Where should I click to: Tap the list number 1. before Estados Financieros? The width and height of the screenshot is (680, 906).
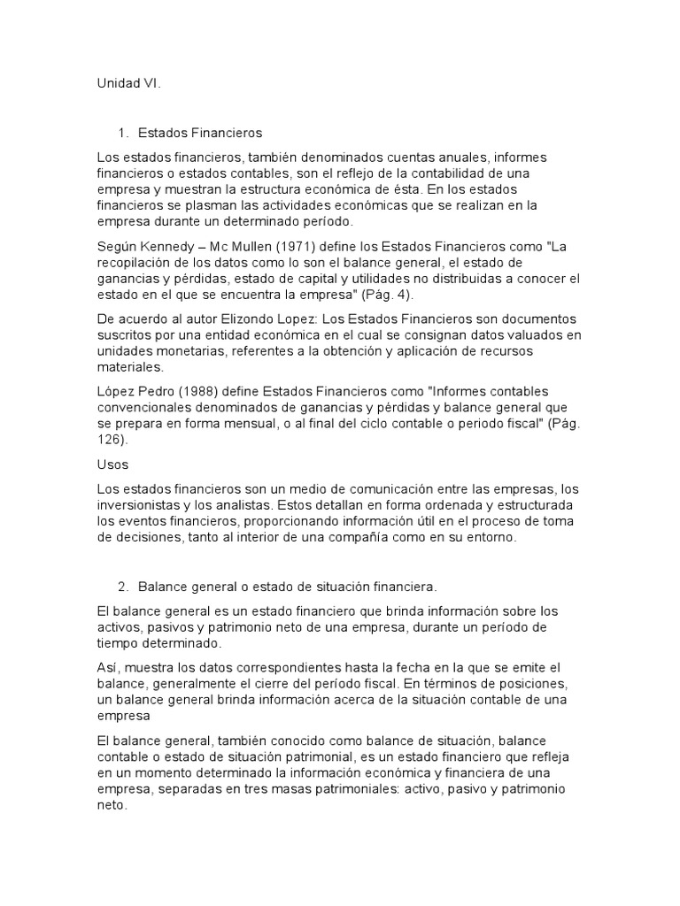click(123, 133)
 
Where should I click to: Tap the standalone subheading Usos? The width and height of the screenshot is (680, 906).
click(112, 464)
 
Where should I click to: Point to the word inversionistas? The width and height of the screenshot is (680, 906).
click(141, 504)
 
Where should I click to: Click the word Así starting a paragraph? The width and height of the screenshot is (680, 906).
click(107, 667)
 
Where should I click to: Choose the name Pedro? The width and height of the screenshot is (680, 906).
click(156, 391)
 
